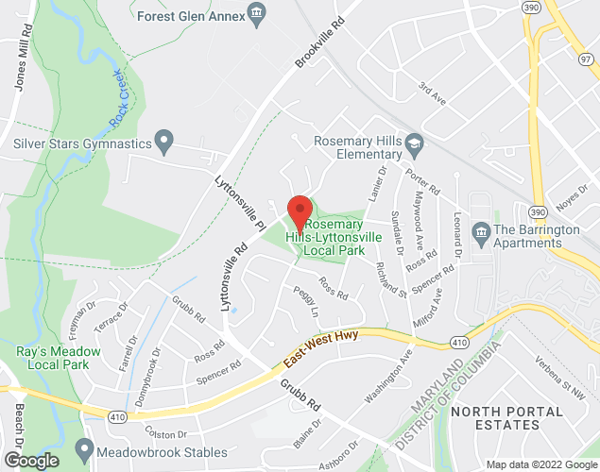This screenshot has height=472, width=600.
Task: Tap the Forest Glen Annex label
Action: (x=190, y=15)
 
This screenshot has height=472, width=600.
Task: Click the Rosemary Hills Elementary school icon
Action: (x=414, y=144)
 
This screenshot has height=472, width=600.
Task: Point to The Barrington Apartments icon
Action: (x=481, y=231)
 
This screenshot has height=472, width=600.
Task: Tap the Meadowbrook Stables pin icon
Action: (x=86, y=447)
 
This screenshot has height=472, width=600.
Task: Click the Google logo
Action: (x=30, y=460)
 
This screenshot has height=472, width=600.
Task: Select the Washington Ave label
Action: (x=390, y=378)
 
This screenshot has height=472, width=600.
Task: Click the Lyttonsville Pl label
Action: (x=239, y=201)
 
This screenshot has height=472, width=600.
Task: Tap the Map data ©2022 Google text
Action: (x=541, y=464)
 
